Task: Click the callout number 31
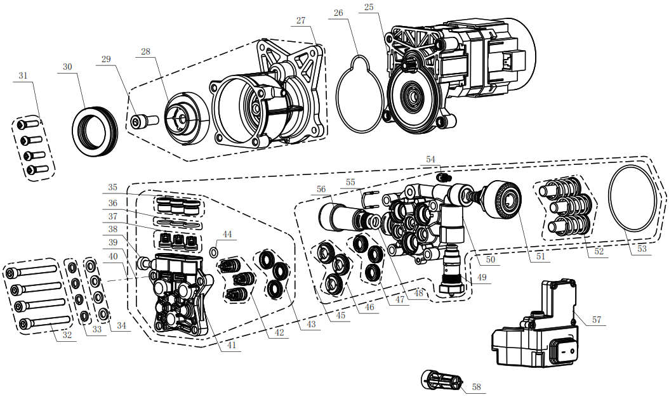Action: [x=23, y=75]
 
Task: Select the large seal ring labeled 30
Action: [x=95, y=131]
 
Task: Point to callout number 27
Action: [x=301, y=20]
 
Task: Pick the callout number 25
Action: [x=369, y=7]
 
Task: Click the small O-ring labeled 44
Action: [x=214, y=254]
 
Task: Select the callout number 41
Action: [x=232, y=345]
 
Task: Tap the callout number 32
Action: [x=67, y=335]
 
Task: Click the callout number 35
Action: [x=113, y=187]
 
